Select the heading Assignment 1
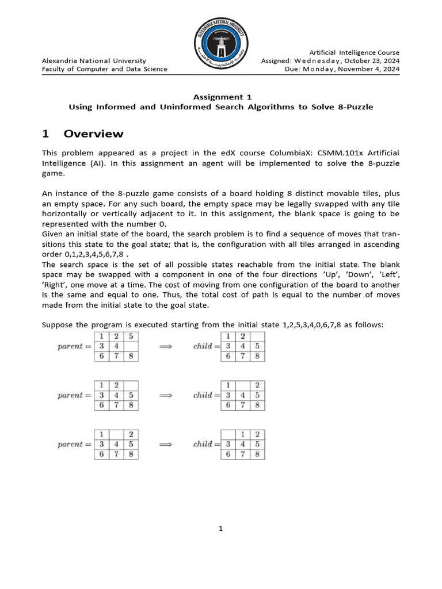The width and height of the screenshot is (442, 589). click(x=221, y=97)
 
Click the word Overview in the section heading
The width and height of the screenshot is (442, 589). click(x=93, y=134)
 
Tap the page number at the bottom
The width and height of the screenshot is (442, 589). click(x=220, y=529)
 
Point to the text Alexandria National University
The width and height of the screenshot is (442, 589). click(x=94, y=60)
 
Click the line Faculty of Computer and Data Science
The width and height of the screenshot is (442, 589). click(x=105, y=69)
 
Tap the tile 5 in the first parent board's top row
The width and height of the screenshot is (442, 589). click(x=132, y=336)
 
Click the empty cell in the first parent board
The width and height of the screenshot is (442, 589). click(x=132, y=346)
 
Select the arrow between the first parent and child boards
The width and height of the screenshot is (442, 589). click(x=166, y=346)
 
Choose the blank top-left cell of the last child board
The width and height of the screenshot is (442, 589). click(x=229, y=434)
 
